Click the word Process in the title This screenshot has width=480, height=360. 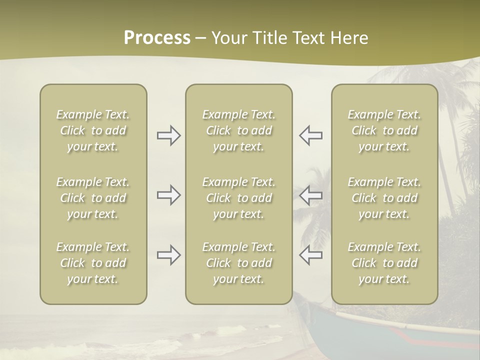[157, 38]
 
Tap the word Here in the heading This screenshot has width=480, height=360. [349, 38]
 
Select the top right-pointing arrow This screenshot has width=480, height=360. [169, 135]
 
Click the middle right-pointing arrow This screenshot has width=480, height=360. [169, 195]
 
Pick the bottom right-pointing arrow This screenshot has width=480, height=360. [169, 255]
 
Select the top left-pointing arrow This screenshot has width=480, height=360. [310, 135]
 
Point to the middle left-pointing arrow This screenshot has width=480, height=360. [310, 195]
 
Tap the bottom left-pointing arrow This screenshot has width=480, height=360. [310, 255]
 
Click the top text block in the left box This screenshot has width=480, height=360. [93, 130]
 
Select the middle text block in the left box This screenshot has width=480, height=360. [93, 198]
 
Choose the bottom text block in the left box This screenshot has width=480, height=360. [93, 263]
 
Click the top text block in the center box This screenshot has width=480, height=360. [238, 130]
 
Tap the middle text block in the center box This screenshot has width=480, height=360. [238, 198]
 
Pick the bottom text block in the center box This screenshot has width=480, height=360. [238, 263]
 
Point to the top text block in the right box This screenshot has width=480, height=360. [384, 130]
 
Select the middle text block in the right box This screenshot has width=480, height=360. [384, 198]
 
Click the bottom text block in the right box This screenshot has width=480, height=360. [384, 263]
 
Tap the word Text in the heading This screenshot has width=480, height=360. [309, 38]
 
